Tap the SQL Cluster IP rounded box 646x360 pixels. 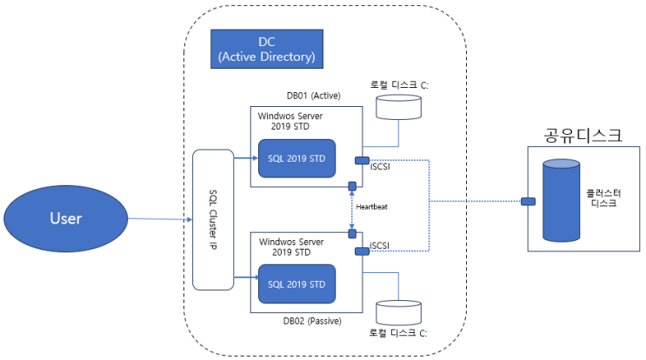[x=212, y=219]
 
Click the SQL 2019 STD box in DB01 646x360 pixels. [x=296, y=158]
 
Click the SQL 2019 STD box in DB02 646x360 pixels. [x=296, y=284]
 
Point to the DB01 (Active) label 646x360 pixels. [x=312, y=96]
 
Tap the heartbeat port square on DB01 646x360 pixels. [x=351, y=186]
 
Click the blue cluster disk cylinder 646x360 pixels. [x=563, y=200]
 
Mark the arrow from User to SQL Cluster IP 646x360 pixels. [x=149, y=219]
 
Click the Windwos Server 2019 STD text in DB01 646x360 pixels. [x=293, y=121]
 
